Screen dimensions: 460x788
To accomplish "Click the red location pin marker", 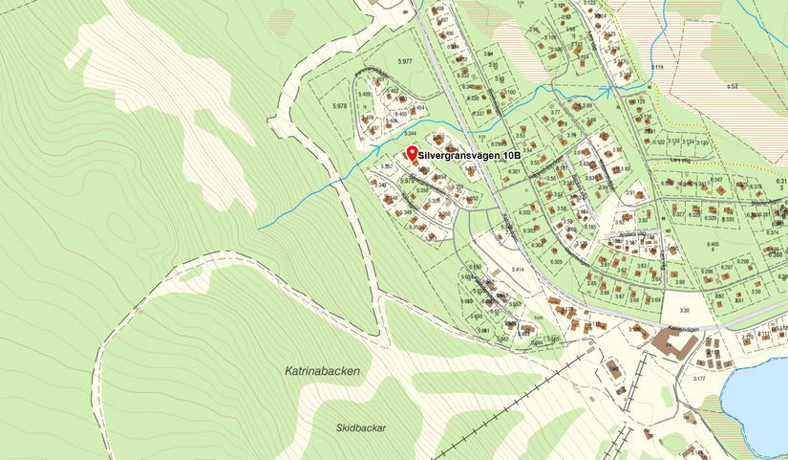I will click(x=412, y=153).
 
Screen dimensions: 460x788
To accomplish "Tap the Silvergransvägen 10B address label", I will click(x=470, y=154).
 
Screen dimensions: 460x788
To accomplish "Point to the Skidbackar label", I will click(x=361, y=428).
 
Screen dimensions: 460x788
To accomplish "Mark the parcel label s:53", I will click(x=733, y=86).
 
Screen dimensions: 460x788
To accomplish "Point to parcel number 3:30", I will click(x=683, y=310).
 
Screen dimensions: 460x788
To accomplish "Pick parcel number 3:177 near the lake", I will click(x=698, y=380).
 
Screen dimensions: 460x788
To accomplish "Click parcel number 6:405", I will click(x=712, y=245).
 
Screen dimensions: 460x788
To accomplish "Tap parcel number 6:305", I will click(x=529, y=261).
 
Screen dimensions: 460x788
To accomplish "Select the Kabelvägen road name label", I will click(x=684, y=328).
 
